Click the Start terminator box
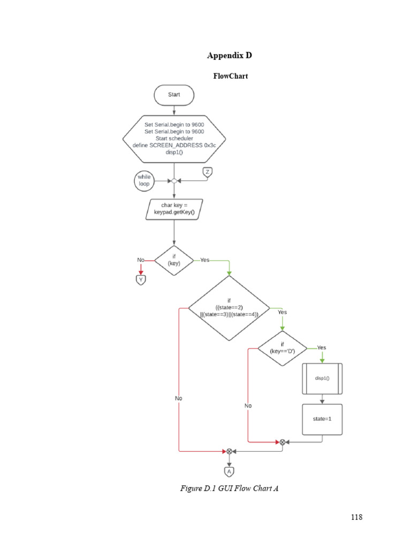(174, 95)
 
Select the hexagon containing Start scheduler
(174, 139)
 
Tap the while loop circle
(144, 180)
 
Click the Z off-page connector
(208, 172)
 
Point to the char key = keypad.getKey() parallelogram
(174, 209)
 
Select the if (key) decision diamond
(174, 261)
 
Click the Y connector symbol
(141, 279)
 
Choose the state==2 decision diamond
(229, 308)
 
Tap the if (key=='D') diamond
(282, 348)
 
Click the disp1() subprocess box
(322, 378)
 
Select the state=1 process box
(322, 419)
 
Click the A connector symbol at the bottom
(229, 471)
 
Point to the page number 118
(357, 517)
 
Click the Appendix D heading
(230, 56)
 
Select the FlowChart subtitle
(230, 76)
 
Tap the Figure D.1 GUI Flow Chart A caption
(230, 488)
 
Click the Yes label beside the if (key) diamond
(204, 260)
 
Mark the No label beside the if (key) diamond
(141, 260)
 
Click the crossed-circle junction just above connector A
(229, 451)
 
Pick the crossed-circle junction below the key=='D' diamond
(282, 442)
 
